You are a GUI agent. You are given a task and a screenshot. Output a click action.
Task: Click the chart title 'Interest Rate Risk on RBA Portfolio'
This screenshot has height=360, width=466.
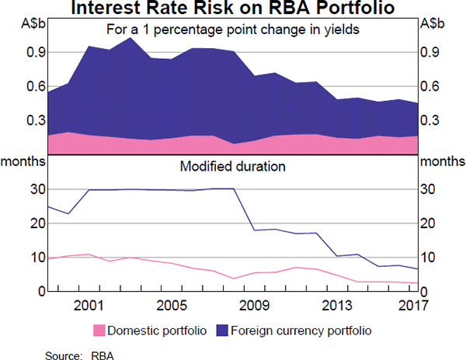point(232,9)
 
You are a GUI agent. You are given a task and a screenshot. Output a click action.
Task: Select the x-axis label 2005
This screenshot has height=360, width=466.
point(170,304)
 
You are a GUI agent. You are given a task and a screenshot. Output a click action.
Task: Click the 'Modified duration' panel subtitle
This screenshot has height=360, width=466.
point(232,166)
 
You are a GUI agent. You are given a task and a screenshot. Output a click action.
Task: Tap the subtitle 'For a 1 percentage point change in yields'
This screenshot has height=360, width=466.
point(232,30)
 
